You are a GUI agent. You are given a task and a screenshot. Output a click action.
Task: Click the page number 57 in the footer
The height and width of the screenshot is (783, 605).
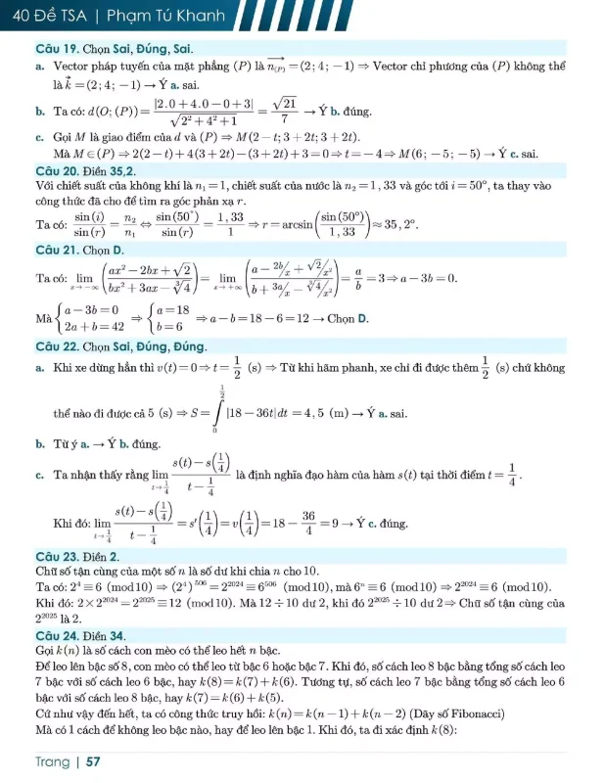pos(94,760)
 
